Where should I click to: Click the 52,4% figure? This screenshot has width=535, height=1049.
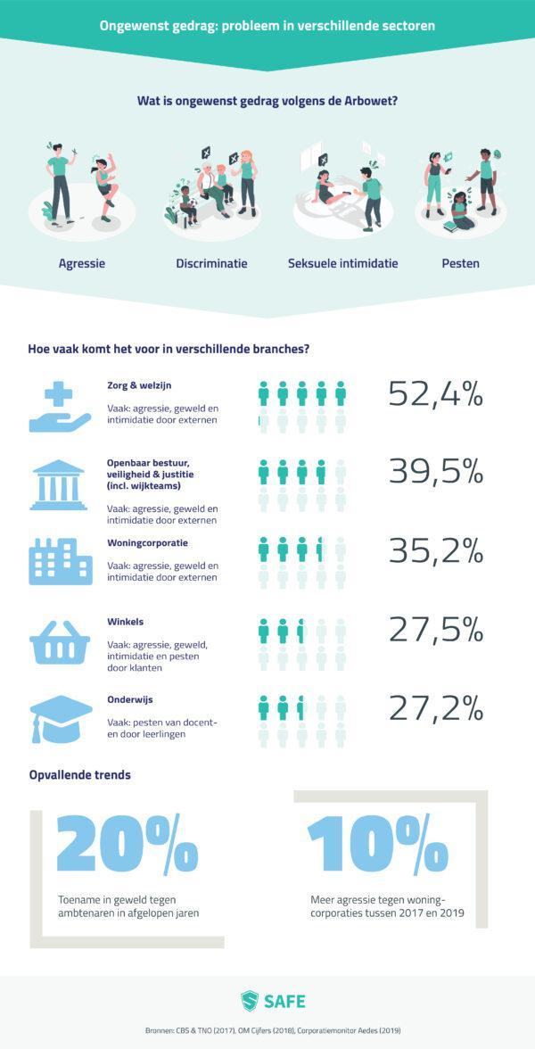click(x=435, y=393)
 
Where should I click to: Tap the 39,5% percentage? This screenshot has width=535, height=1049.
click(x=435, y=472)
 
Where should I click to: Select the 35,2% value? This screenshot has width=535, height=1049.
click(x=435, y=550)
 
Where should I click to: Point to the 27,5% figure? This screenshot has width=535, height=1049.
click(x=435, y=630)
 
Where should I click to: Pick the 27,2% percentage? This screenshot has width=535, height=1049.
click(x=435, y=708)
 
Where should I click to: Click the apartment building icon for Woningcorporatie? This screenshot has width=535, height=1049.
click(x=60, y=561)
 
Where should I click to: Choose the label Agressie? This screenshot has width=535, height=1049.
click(x=82, y=263)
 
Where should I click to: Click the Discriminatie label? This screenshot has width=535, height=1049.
click(x=211, y=263)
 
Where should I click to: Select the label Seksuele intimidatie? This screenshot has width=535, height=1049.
click(x=342, y=263)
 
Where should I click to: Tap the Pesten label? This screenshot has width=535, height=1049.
click(x=460, y=263)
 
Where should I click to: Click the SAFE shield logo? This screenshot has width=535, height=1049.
click(x=250, y=1001)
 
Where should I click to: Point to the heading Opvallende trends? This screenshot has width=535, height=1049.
click(x=79, y=774)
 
